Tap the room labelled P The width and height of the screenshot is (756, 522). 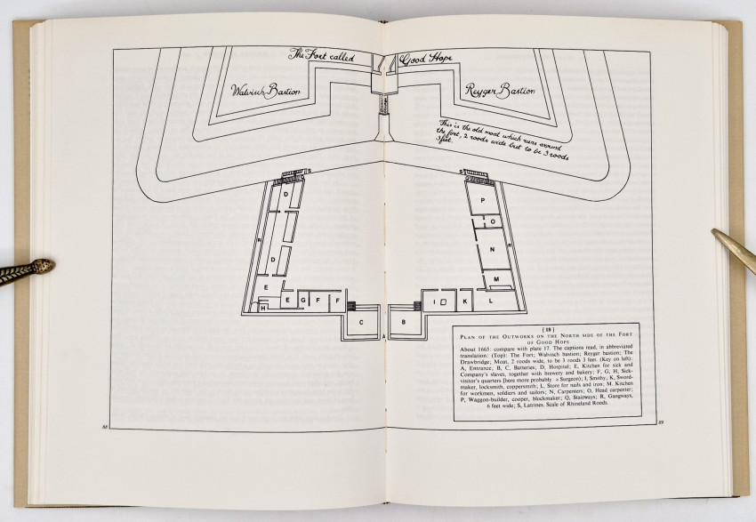483,201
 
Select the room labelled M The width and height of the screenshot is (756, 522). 496,279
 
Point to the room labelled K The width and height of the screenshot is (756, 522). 463,301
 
